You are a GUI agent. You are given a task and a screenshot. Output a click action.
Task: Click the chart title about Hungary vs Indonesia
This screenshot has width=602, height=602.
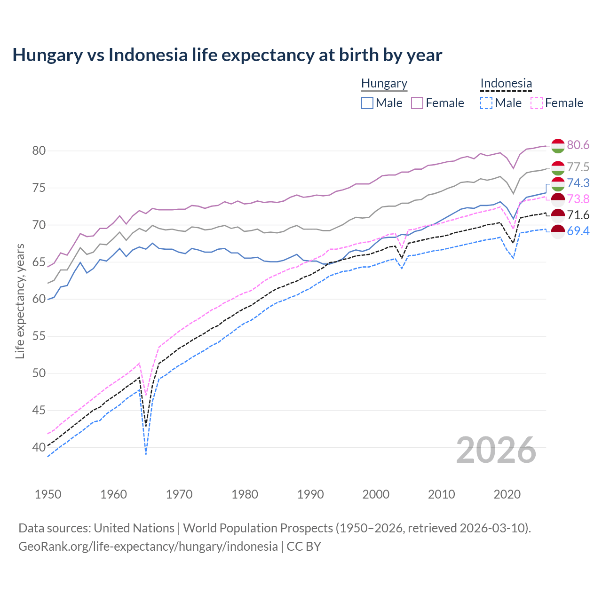tap(227, 55)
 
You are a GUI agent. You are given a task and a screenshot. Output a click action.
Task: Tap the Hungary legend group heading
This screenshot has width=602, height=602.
tap(384, 84)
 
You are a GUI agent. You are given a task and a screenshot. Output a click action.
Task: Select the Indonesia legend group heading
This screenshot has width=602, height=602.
tap(506, 84)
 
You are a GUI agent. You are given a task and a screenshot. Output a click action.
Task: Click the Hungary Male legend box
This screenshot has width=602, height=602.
tap(367, 103)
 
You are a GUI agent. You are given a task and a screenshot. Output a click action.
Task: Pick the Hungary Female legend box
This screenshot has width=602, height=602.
tap(417, 103)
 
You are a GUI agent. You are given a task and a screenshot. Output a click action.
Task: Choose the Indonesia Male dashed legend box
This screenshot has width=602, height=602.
tap(486, 103)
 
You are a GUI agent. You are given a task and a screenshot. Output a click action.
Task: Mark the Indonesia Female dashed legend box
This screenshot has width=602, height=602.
tap(537, 103)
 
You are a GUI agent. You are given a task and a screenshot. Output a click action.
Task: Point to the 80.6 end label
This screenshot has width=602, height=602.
tap(578, 145)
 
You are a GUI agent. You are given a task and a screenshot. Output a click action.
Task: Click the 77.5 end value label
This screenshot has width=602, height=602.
tap(578, 167)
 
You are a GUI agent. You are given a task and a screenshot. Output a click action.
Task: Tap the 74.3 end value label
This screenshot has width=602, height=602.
tap(578, 183)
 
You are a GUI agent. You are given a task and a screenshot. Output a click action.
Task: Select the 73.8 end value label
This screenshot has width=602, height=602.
tap(578, 199)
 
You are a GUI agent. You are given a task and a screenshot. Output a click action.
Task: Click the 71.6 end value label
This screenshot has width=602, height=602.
tap(578, 215)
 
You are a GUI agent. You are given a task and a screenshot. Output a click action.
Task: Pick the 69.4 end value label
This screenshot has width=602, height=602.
tap(578, 231)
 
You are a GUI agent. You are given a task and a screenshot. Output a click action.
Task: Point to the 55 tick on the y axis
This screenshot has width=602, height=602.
tap(39, 336)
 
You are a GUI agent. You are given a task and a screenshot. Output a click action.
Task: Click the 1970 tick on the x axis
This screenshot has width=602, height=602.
tap(179, 494)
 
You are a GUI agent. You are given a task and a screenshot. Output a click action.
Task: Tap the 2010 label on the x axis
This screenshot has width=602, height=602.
tap(441, 494)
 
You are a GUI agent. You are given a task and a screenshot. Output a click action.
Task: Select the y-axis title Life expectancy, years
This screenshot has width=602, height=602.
tap(20, 301)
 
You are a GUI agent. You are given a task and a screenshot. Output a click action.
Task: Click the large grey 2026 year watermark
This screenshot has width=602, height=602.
tap(496, 450)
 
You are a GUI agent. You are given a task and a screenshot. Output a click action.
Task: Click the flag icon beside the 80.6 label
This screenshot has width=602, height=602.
tap(558, 146)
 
